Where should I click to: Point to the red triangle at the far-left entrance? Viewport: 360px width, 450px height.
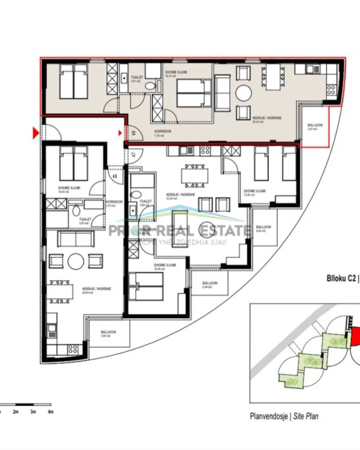(x=35, y=134)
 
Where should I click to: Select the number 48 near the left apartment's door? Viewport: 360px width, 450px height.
(x=115, y=177)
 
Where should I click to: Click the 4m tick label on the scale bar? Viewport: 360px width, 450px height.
(x=50, y=412)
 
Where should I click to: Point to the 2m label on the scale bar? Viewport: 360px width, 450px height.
(x=15, y=412)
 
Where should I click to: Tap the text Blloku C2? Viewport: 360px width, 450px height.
(x=341, y=279)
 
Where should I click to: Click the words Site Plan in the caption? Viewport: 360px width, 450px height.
(x=306, y=416)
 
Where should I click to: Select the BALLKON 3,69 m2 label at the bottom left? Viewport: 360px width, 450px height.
(x=108, y=334)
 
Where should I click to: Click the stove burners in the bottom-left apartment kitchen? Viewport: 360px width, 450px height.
(x=72, y=350)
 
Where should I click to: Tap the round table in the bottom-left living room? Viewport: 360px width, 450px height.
(x=76, y=261)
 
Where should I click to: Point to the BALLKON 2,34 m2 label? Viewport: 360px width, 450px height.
(x=209, y=285)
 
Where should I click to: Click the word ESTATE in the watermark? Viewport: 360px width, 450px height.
(x=225, y=231)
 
